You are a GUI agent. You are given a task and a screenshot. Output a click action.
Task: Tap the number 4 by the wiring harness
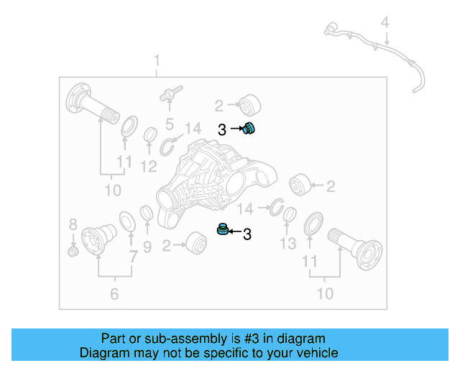385,23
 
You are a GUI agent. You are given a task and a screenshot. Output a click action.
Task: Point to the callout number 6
114,293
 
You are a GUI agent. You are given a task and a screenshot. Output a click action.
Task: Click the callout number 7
133,257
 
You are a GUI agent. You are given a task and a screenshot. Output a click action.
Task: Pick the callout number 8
73,224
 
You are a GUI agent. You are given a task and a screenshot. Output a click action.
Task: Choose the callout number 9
147,248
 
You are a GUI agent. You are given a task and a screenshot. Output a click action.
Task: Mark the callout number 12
149,167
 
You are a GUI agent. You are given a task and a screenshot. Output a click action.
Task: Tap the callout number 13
287,244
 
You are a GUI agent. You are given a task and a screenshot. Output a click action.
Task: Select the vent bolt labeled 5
170,94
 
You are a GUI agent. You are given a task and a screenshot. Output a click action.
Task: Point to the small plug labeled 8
72,251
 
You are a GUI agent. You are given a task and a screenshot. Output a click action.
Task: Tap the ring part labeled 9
145,213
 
